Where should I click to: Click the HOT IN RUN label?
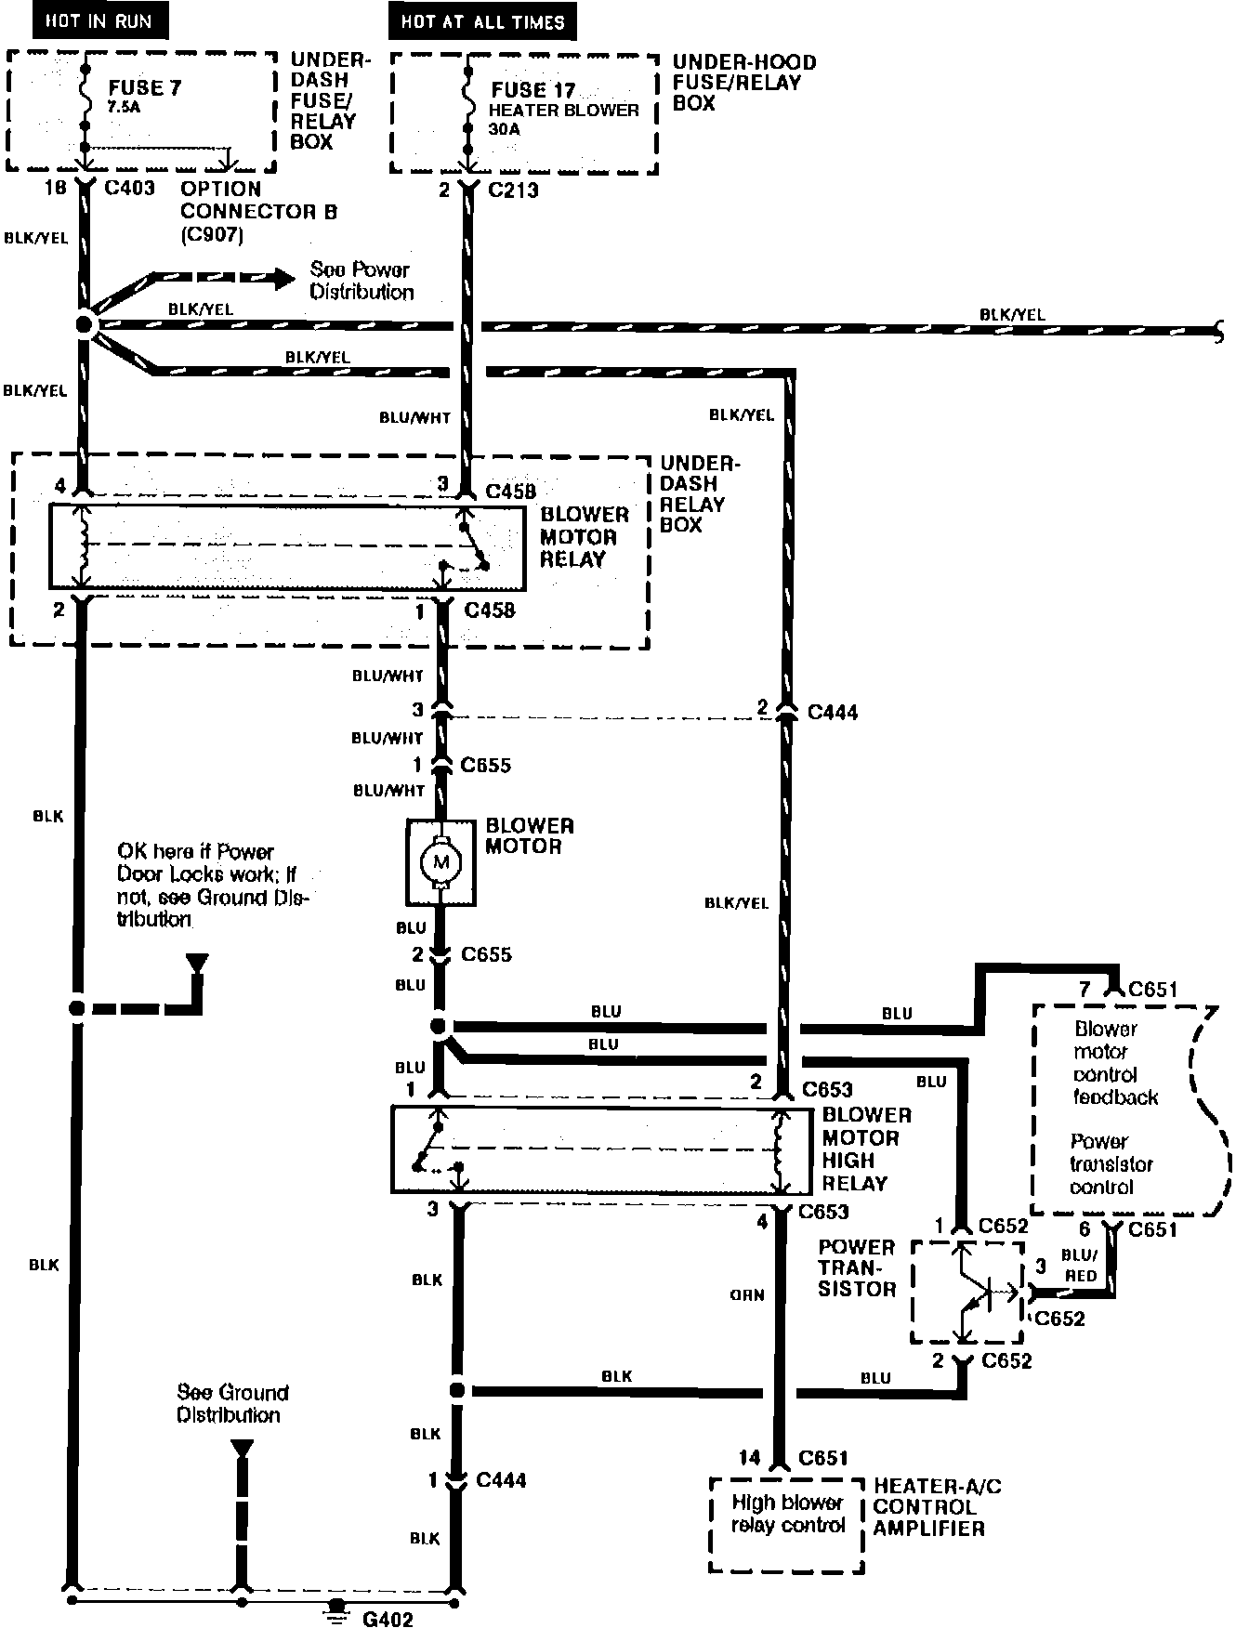pyautogui.click(x=99, y=21)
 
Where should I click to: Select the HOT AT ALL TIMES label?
pyautogui.click(x=482, y=21)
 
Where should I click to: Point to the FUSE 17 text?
pyautogui.click(x=532, y=90)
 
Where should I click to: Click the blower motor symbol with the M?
pyautogui.click(x=440, y=863)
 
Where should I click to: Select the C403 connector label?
pyautogui.click(x=130, y=189)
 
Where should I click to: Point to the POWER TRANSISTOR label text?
pyautogui.click(x=856, y=1267)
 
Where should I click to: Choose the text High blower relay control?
pyautogui.click(x=787, y=1514)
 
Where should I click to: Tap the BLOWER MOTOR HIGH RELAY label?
pyautogui.click(x=866, y=1149)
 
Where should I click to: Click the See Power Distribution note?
pyautogui.click(x=362, y=281)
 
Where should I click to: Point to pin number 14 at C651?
pyautogui.click(x=749, y=1458)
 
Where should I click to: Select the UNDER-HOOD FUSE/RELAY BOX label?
pyautogui.click(x=743, y=83)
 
